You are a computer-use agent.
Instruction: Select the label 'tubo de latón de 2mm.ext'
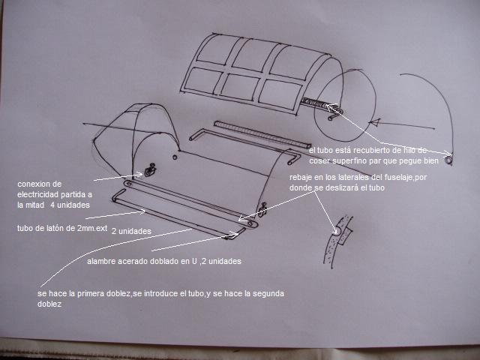pos(62,228)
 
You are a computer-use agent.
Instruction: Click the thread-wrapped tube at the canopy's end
pos(318,103)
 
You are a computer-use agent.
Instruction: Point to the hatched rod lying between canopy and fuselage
pos(262,134)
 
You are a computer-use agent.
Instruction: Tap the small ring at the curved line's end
pos(448,160)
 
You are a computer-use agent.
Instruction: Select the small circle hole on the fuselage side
pos(175,157)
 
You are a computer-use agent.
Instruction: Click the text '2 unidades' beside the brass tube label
pos(131,231)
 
